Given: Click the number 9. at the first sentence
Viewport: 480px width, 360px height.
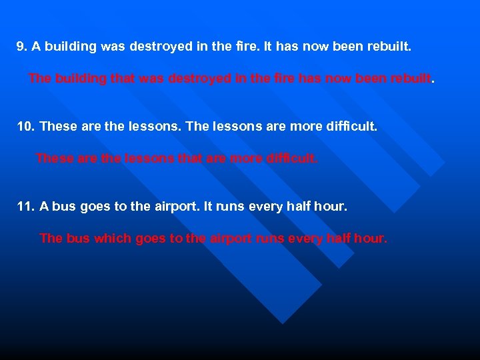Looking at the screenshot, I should tap(22, 47).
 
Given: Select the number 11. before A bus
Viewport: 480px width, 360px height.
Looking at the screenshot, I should tap(25, 207).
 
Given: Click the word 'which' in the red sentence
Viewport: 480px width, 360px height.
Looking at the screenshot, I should tap(113, 238).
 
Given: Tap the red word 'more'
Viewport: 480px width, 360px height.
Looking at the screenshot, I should tap(245, 159).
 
